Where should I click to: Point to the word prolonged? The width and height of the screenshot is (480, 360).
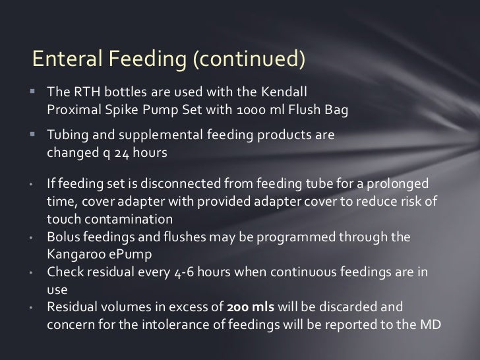[x=399, y=181]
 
